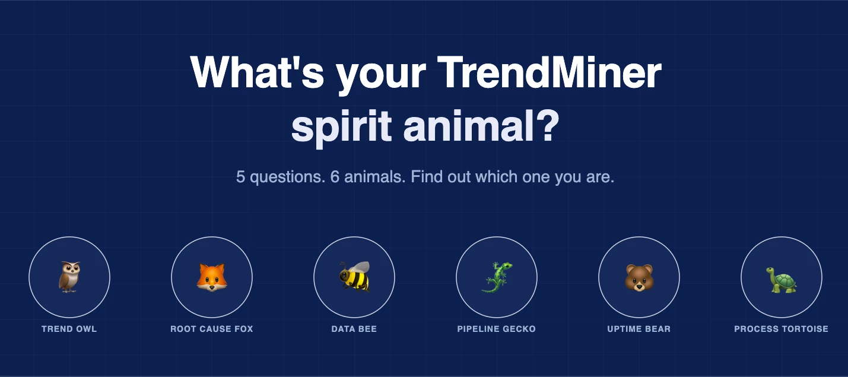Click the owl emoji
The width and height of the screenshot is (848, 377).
click(x=69, y=277)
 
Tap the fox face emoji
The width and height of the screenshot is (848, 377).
click(x=212, y=277)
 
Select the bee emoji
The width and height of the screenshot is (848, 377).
click(x=354, y=277)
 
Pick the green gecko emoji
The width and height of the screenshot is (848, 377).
click(x=497, y=277)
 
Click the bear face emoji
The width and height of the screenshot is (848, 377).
click(x=639, y=278)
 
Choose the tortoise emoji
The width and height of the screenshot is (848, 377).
click(x=782, y=280)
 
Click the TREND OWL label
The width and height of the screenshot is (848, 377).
click(x=69, y=329)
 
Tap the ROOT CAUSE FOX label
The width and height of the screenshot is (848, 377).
click(x=212, y=329)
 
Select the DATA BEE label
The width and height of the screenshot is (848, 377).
click(x=354, y=329)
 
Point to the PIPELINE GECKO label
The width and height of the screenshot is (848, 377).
click(x=496, y=329)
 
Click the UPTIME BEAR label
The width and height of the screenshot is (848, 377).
click(x=639, y=329)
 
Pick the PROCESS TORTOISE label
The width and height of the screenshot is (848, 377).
click(x=782, y=329)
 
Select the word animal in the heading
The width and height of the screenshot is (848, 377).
click(x=468, y=125)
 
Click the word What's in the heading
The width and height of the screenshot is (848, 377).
click(x=257, y=72)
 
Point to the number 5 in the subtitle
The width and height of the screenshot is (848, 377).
click(x=240, y=177)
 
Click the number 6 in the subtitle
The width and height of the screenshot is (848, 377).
click(x=335, y=177)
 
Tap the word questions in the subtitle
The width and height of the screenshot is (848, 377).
click(x=288, y=178)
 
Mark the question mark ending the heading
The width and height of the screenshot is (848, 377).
click(x=548, y=125)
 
